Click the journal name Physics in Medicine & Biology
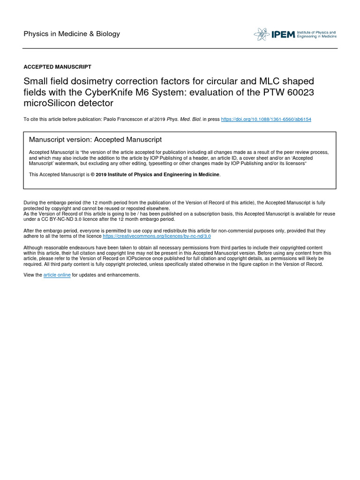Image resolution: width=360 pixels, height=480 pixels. (72, 34)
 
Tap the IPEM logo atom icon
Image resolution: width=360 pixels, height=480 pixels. (262, 34)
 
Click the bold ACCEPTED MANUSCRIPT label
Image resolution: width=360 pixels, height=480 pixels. (57, 67)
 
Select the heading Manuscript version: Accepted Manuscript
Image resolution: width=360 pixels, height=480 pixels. (95, 140)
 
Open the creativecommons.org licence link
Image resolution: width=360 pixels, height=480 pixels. (157, 236)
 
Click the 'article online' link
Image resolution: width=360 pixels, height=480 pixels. (57, 275)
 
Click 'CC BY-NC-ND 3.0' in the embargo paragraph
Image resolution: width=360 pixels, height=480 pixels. (53, 219)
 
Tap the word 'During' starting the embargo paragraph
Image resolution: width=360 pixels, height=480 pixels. (31, 202)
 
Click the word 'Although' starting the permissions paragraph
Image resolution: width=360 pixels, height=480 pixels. (33, 247)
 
